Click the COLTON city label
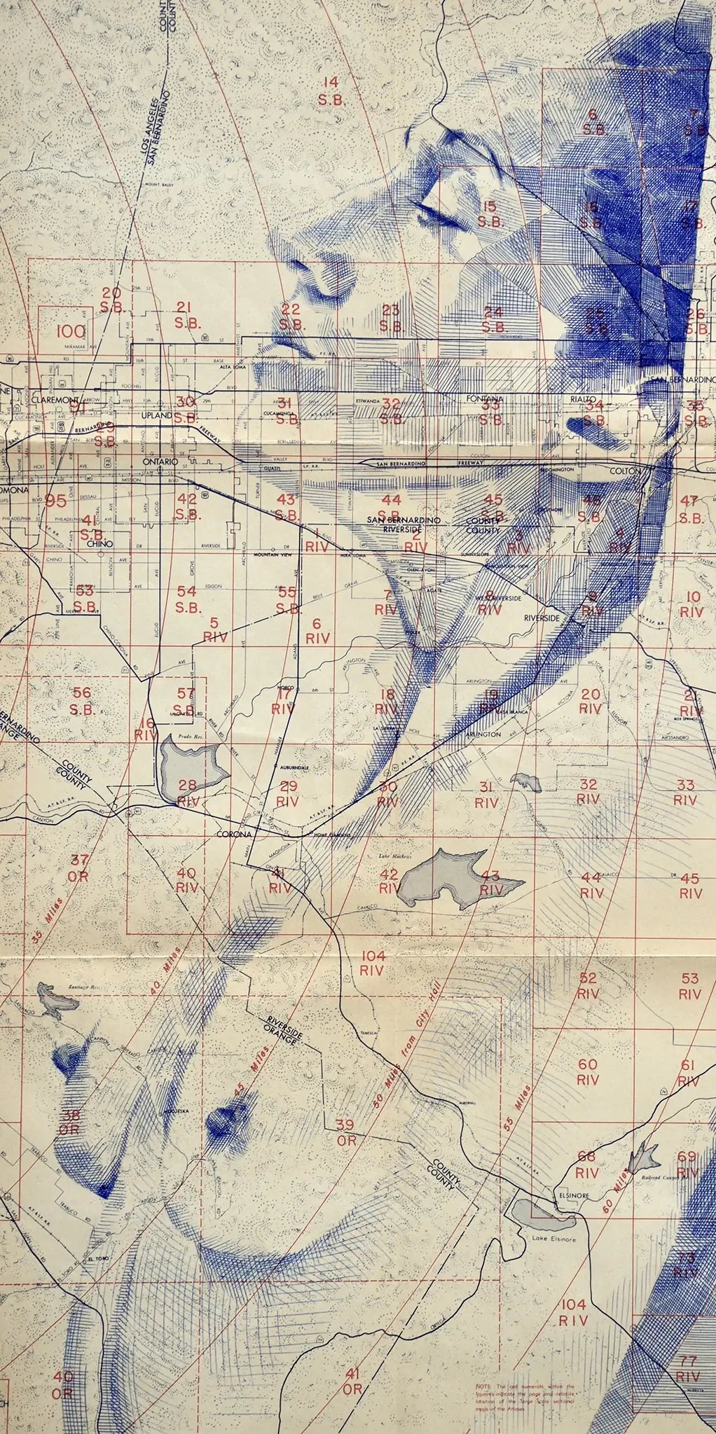(x=625, y=471)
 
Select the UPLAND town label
(x=156, y=415)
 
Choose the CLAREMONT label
(x=57, y=398)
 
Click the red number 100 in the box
(x=73, y=331)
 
